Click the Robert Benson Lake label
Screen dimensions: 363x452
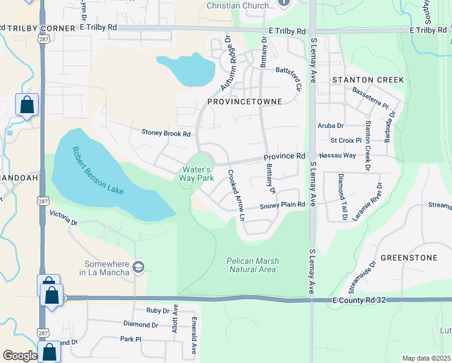97,171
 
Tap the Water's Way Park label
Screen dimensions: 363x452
196,174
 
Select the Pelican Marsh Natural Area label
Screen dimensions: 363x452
253,265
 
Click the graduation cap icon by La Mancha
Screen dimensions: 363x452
138,267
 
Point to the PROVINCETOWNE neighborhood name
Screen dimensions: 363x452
244,102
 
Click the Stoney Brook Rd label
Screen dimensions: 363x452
166,133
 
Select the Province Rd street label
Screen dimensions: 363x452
284,156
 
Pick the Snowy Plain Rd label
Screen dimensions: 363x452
282,206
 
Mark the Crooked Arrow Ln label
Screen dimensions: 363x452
236,194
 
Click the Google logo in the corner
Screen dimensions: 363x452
20,356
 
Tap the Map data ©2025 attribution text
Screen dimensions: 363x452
426,358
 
